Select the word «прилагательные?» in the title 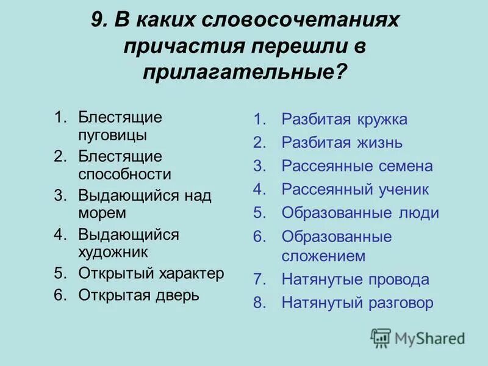(245, 72)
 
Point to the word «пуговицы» (112, 134)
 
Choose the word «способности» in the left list (124, 174)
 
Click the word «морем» (102, 213)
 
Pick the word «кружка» (381, 120)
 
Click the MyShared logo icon (381, 337)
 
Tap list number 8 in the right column (259, 303)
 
